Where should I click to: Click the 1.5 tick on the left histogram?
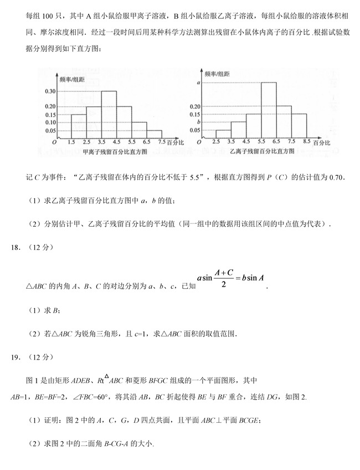click(71, 142)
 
